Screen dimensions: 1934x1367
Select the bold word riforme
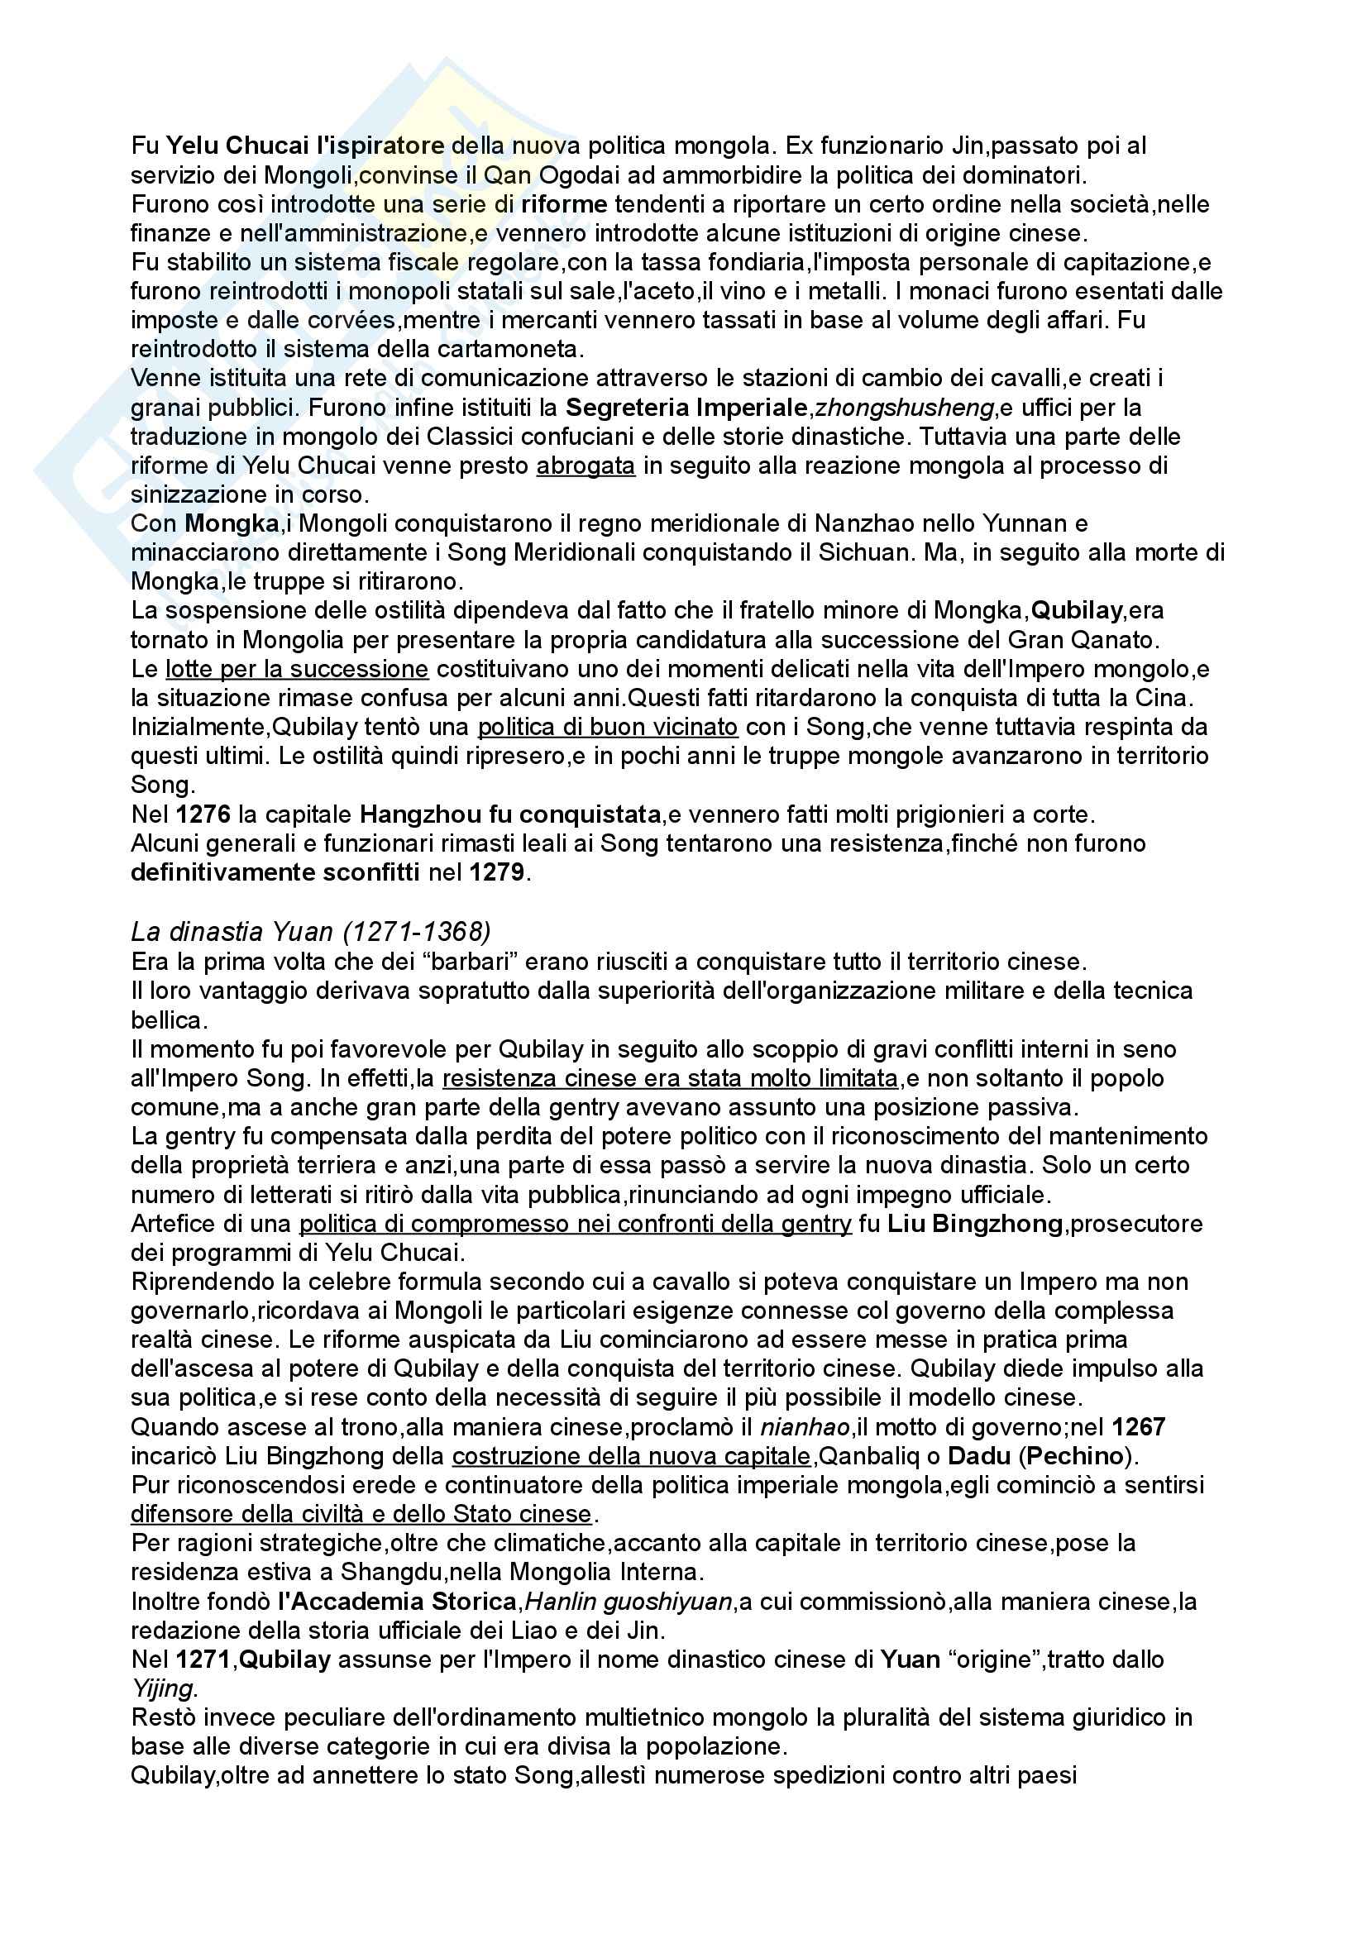coord(564,204)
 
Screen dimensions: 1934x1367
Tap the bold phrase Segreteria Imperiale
coord(686,408)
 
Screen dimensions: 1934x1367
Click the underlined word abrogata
coord(586,466)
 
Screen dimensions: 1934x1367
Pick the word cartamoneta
coord(521,349)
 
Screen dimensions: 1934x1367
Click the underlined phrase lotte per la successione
coord(298,670)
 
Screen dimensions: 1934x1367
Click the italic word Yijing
coord(162,1689)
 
